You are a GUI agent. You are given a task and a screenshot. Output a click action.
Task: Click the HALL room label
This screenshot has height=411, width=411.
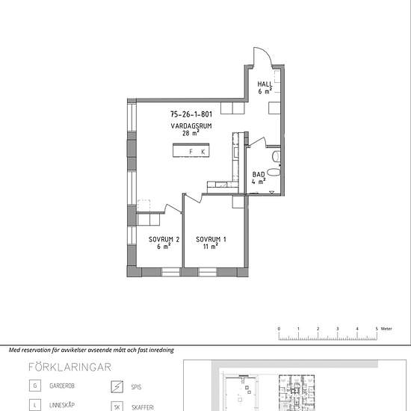265,84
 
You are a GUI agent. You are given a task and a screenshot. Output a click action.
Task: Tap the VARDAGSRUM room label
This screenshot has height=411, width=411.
191,126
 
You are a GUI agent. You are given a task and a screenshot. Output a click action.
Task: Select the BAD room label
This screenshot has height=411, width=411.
259,174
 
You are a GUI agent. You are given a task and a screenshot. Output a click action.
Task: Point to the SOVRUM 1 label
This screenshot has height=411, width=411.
211,239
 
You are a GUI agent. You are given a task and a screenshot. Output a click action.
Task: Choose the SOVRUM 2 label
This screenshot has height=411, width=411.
164,239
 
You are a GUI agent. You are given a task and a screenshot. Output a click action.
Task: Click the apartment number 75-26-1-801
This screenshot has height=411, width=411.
191,114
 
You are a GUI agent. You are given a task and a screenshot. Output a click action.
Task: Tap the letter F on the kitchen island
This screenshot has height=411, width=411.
191,152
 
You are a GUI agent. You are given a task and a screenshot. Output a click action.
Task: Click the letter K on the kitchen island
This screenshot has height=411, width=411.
203,152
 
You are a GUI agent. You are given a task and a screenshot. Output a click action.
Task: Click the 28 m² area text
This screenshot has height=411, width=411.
191,133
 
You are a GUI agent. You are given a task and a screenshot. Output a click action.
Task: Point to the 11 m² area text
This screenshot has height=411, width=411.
211,247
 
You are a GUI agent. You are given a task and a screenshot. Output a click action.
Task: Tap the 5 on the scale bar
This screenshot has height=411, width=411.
377,329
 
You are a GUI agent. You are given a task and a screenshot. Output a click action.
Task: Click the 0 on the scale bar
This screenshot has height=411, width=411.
279,329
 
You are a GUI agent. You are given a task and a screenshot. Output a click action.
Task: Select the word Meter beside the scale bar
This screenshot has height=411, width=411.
386,329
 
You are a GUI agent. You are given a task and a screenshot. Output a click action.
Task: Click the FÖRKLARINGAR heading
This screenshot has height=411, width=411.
69,367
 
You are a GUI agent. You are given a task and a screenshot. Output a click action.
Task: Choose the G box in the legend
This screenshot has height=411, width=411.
35,386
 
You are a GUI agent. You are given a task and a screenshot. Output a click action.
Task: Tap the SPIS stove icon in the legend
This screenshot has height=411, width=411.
117,386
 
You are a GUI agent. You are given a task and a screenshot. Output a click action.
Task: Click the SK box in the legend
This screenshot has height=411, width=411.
117,407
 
